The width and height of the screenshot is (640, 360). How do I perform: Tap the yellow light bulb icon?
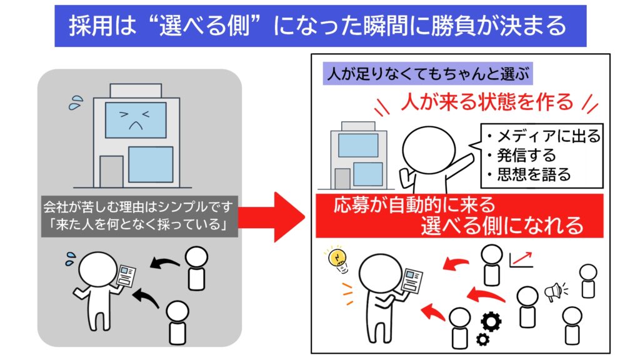tap(338, 259)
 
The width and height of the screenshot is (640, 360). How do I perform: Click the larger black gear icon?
tap(491, 321)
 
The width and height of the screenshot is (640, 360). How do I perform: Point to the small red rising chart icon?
tap(521, 259)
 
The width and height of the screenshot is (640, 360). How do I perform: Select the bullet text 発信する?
tap(522, 156)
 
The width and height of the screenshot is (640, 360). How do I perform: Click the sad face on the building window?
tap(136, 120)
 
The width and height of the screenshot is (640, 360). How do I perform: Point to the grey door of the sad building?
tap(111, 171)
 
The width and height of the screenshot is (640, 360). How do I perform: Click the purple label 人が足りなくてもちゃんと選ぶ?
tap(427, 74)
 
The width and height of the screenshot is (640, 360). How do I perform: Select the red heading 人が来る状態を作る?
tap(487, 102)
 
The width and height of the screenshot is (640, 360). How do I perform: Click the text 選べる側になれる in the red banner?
tap(502, 226)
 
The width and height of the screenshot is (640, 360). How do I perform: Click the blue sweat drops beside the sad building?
tap(76, 102)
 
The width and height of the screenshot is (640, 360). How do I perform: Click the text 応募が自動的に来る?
tap(414, 205)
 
